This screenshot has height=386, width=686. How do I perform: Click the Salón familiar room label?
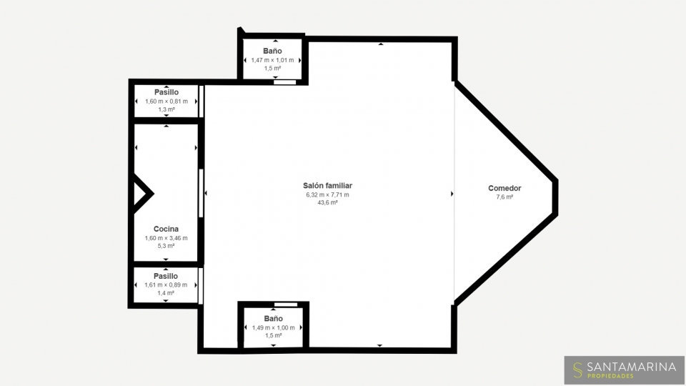pos(327,186)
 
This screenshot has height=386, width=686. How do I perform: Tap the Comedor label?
pos(504,188)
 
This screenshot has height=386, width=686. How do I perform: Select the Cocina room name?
pos(166,229)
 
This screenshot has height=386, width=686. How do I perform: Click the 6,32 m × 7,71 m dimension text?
pos(327,194)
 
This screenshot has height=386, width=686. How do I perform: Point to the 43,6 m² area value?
pos(327,202)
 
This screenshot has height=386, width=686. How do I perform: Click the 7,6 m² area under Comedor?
pos(504,197)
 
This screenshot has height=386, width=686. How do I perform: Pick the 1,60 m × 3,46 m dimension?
pos(166,238)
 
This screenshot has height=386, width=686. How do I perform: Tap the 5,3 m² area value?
pos(166,246)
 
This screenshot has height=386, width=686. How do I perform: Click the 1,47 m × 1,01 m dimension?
pos(272,60)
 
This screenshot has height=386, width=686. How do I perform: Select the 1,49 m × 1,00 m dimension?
pos(274,327)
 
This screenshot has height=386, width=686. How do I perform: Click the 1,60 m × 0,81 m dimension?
pos(166,101)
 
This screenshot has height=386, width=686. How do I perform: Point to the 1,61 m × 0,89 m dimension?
pos(166,284)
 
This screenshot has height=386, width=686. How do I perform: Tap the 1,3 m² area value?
pos(166,109)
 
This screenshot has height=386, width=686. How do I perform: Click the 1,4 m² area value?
pos(166,293)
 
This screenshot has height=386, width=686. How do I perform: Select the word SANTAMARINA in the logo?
pos(631,367)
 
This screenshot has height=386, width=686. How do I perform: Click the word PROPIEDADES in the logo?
pos(610,376)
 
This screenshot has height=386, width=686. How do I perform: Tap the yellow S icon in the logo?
pos(577,370)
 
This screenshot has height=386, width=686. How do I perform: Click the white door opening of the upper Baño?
pos(285,81)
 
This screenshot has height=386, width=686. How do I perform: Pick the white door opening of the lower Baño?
pos(286,305)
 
